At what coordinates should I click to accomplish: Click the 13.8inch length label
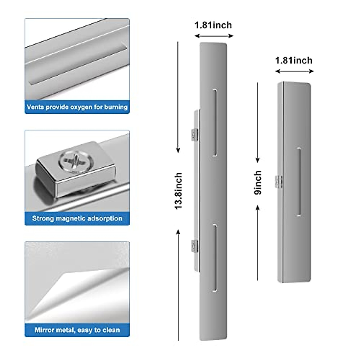click(178, 191)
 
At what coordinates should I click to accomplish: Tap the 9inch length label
click(258, 183)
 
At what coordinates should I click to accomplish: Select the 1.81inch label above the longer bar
click(213, 25)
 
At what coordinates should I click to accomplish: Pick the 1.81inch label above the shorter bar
click(294, 60)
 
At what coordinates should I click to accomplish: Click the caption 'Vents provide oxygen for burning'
click(77, 107)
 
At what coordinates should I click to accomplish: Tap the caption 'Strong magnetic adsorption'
click(77, 218)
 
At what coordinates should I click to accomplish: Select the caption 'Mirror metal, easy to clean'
click(77, 330)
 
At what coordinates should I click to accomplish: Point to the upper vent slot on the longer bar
click(215, 123)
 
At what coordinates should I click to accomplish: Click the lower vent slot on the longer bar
click(215, 258)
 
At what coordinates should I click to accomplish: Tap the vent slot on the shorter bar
click(299, 182)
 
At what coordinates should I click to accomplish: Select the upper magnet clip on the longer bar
click(195, 134)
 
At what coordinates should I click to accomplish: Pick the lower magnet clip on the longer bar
click(195, 246)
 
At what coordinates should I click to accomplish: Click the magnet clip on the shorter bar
click(279, 181)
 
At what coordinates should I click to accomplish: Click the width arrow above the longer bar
click(214, 36)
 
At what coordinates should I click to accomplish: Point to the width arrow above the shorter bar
click(294, 71)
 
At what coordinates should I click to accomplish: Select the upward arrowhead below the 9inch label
click(257, 208)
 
